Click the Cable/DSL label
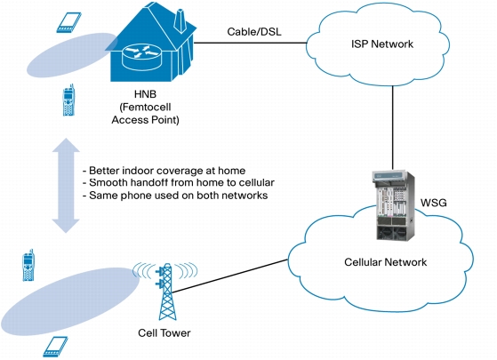click(x=254, y=32)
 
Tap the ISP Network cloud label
click(x=382, y=44)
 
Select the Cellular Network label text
click(x=386, y=262)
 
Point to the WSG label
click(x=433, y=203)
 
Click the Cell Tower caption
click(x=164, y=333)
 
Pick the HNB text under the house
click(x=146, y=94)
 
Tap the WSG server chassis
click(x=393, y=206)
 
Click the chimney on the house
click(x=180, y=20)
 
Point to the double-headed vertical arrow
click(x=66, y=186)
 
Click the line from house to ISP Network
click(x=251, y=43)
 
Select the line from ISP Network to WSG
click(x=393, y=128)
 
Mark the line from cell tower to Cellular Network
click(x=230, y=276)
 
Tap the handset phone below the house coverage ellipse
click(x=68, y=100)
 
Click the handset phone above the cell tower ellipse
click(x=28, y=265)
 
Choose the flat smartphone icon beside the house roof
click(x=68, y=22)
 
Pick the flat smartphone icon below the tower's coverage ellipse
click(x=55, y=347)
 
